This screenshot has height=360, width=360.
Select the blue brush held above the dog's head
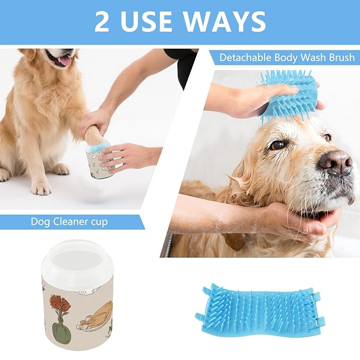289,95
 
